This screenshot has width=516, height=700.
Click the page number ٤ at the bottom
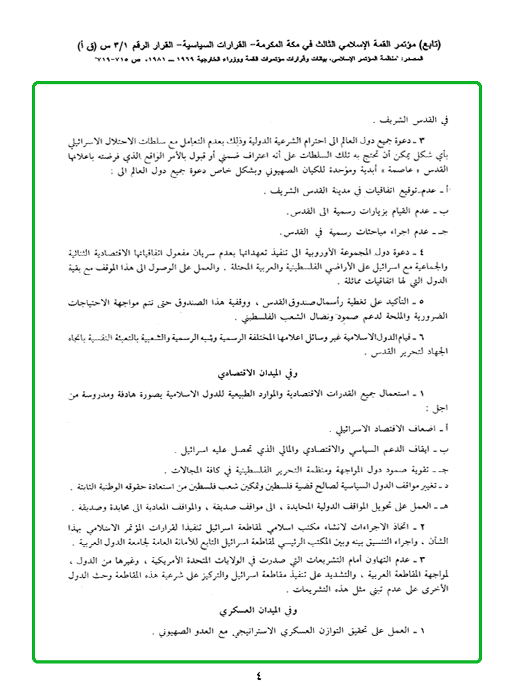click(258, 677)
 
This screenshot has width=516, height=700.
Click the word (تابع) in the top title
click(429, 45)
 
